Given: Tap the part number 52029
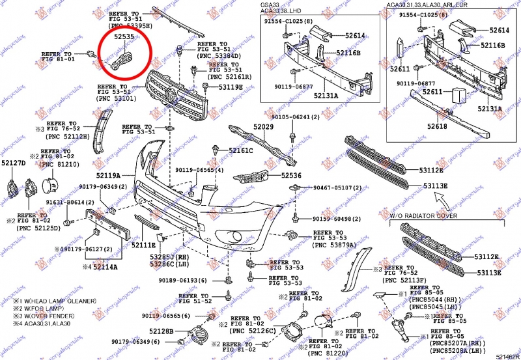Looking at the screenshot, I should click(x=264, y=127).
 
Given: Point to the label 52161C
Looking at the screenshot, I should click(x=241, y=151).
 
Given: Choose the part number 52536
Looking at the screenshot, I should click(x=292, y=175).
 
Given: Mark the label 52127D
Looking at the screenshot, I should click(x=13, y=163).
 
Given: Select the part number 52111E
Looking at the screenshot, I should click(x=143, y=245).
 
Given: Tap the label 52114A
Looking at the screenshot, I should click(x=104, y=267).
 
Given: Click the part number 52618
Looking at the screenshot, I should click(x=437, y=126).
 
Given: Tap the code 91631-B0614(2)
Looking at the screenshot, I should click(x=70, y=203).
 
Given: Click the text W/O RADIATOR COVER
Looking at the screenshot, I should click(x=423, y=215).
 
